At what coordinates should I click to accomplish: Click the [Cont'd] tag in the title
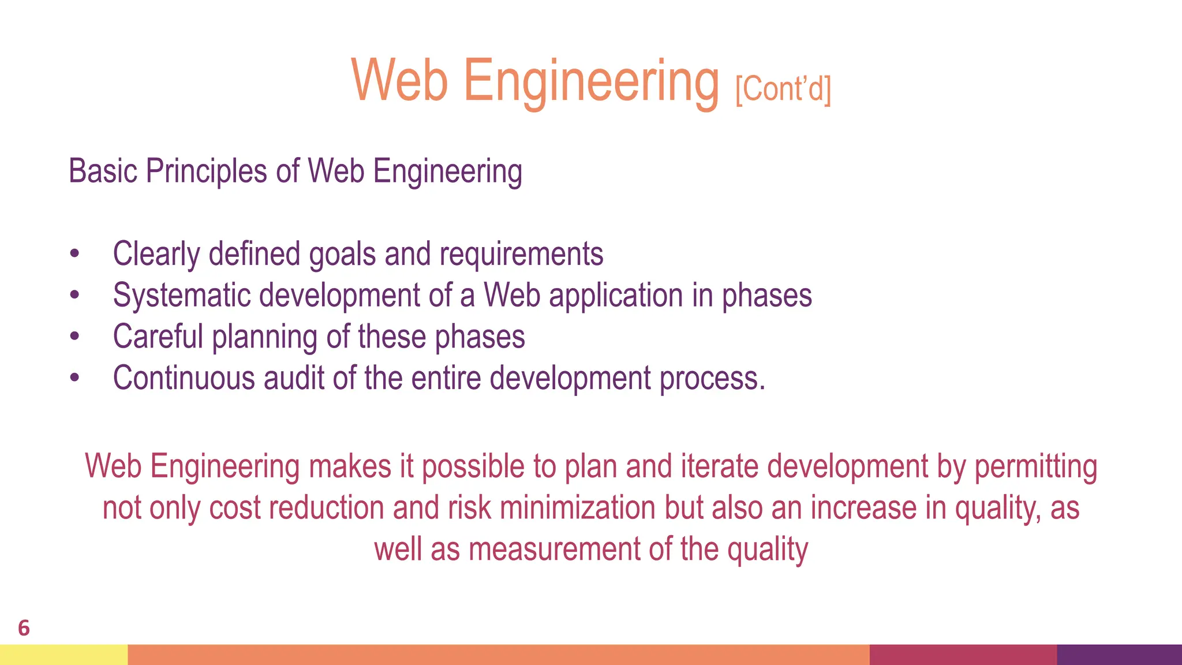[783, 89]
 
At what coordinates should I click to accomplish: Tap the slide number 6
[24, 628]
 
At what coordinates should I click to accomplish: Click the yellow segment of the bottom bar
[63, 655]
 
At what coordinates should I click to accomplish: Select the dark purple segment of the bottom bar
[1119, 655]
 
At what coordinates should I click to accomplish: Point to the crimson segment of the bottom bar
[963, 655]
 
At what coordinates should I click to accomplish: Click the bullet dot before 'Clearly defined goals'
[74, 254]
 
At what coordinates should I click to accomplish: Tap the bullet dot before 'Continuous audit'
[74, 378]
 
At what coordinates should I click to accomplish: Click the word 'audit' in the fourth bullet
[294, 378]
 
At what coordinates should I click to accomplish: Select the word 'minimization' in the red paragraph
[577, 508]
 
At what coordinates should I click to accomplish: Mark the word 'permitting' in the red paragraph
[1035, 466]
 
